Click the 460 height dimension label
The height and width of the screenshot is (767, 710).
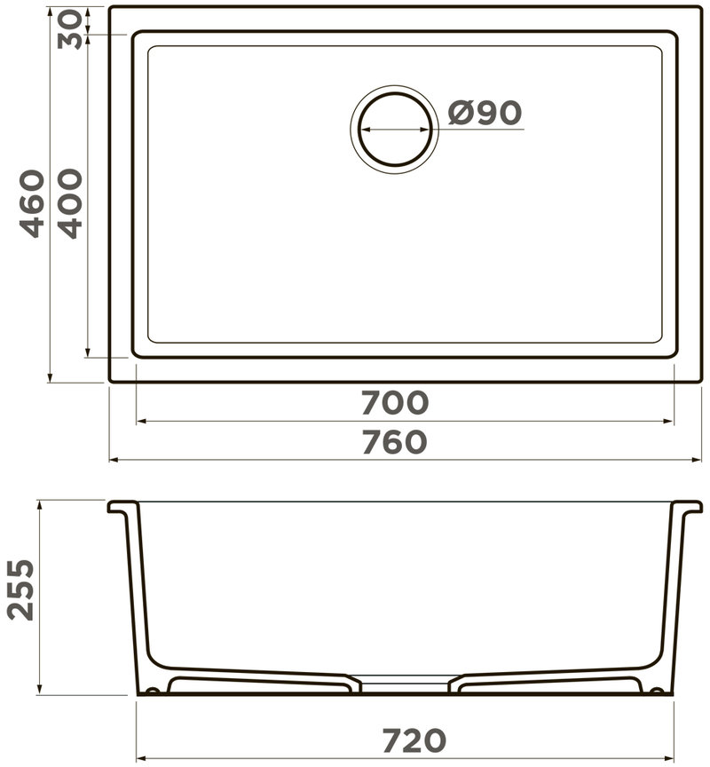[33, 203]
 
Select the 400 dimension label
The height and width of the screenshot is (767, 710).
[70, 203]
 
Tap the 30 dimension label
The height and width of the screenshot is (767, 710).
[70, 30]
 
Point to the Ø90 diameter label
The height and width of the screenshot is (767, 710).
[485, 113]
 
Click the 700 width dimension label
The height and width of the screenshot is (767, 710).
[395, 402]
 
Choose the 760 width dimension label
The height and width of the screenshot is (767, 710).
[395, 442]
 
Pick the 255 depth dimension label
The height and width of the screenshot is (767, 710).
[22, 590]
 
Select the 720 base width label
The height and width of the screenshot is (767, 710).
[414, 740]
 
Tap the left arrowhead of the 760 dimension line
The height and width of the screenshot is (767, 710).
[114, 460]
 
